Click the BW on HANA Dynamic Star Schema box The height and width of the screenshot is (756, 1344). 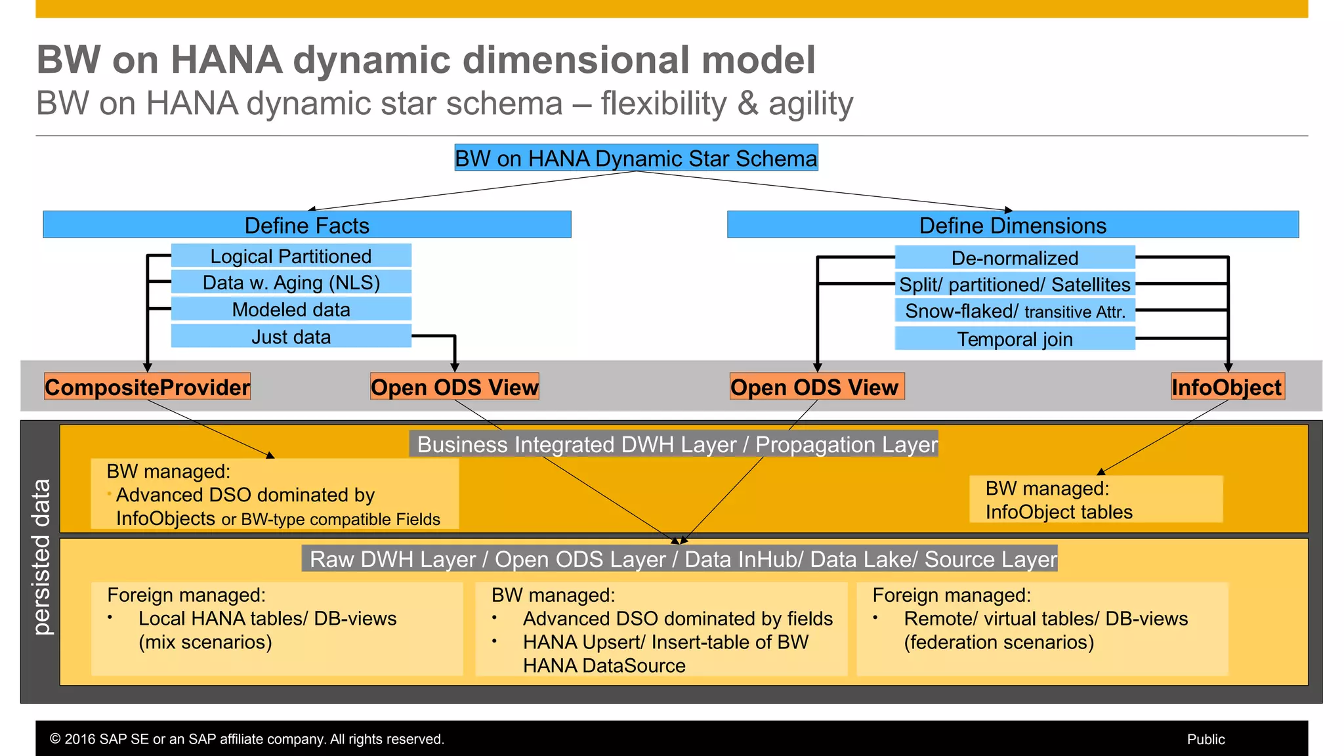(x=636, y=158)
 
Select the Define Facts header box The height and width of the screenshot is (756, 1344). (x=306, y=225)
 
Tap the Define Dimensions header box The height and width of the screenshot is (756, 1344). (x=1013, y=225)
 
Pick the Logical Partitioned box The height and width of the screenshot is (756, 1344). (x=291, y=256)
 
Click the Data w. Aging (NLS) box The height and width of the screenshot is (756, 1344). (x=291, y=282)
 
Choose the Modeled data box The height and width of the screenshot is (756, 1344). (x=291, y=309)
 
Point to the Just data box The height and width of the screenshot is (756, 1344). (x=291, y=337)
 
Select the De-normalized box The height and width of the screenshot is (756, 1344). (x=1015, y=258)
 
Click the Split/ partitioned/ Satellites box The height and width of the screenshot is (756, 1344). (x=1015, y=284)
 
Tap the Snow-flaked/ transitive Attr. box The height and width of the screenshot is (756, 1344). (x=1015, y=311)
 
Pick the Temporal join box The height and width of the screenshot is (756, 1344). (x=1015, y=339)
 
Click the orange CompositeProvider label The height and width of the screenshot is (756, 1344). (x=147, y=387)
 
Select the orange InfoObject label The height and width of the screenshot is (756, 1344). (x=1227, y=387)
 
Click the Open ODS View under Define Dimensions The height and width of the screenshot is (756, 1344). (x=816, y=387)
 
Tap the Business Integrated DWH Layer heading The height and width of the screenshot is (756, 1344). (x=677, y=444)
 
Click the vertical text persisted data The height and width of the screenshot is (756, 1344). (x=41, y=557)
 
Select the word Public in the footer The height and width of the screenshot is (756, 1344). (x=1206, y=740)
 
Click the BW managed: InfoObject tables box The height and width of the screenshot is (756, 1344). (x=1095, y=499)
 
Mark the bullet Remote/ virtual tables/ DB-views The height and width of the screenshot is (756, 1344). (x=1045, y=619)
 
